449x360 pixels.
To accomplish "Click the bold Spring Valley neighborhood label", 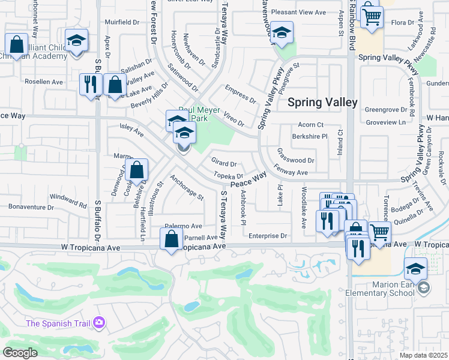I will pyautogui.click(x=322, y=102).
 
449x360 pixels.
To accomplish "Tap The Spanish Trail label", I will pyautogui.click(x=58, y=324).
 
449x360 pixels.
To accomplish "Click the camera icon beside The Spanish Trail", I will pyautogui.click(x=99, y=324).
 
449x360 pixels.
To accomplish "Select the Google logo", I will pyautogui.click(x=20, y=352).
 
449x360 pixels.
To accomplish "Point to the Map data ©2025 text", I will pyautogui.click(x=423, y=355).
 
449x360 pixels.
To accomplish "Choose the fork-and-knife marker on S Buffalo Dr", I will pyautogui.click(x=90, y=84).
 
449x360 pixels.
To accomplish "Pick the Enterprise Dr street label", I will pyautogui.click(x=268, y=236).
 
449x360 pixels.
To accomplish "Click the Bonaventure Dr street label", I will pyautogui.click(x=31, y=207).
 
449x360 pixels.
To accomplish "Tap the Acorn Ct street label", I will pyautogui.click(x=311, y=125).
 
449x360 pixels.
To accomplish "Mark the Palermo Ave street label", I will pyautogui.click(x=184, y=226).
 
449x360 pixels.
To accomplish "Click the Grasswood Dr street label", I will pyautogui.click(x=296, y=160).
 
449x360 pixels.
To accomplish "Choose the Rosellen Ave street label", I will pyautogui.click(x=43, y=81).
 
